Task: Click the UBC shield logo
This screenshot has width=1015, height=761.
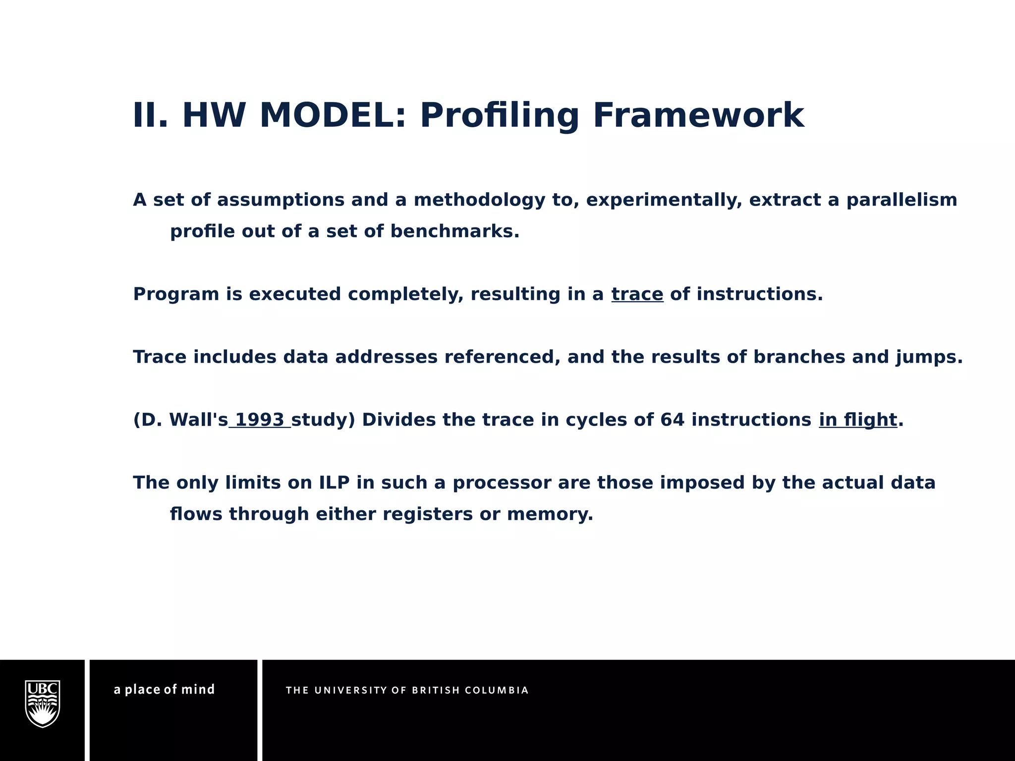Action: click(x=43, y=704)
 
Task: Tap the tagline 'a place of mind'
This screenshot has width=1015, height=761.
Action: click(x=164, y=690)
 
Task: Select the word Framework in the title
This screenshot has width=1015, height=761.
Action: click(x=698, y=115)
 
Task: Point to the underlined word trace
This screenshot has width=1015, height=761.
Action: click(x=637, y=294)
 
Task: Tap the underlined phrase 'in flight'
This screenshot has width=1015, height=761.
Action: click(x=857, y=420)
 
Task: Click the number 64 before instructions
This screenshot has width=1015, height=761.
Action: click(x=672, y=420)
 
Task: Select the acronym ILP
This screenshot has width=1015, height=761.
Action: click(x=334, y=483)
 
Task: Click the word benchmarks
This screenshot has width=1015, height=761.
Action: click(x=454, y=231)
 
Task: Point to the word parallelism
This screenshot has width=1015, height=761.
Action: click(x=902, y=200)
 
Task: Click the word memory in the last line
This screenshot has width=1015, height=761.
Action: click(x=550, y=514)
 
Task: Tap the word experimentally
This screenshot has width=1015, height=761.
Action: click(x=664, y=200)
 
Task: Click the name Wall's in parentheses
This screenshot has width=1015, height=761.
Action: click(x=198, y=420)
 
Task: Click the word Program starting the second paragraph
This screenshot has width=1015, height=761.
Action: click(x=176, y=294)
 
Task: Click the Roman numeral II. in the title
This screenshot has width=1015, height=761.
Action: click(x=150, y=115)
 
